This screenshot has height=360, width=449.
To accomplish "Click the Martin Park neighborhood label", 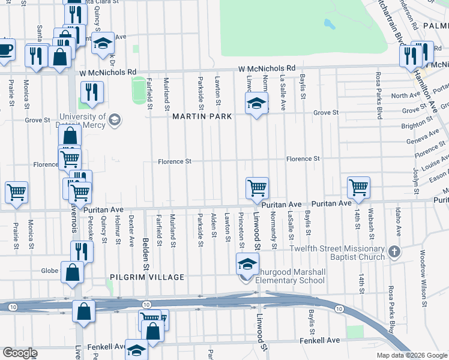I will click(198, 116).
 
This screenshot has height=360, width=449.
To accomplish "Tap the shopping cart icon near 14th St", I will click(358, 187).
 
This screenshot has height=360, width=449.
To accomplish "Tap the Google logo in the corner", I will click(19, 353).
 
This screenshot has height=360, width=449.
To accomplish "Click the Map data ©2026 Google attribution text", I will click(412, 355).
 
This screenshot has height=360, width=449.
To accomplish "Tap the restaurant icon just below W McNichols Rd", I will click(92, 92).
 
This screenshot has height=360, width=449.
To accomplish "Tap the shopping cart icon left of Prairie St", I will click(16, 193).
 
